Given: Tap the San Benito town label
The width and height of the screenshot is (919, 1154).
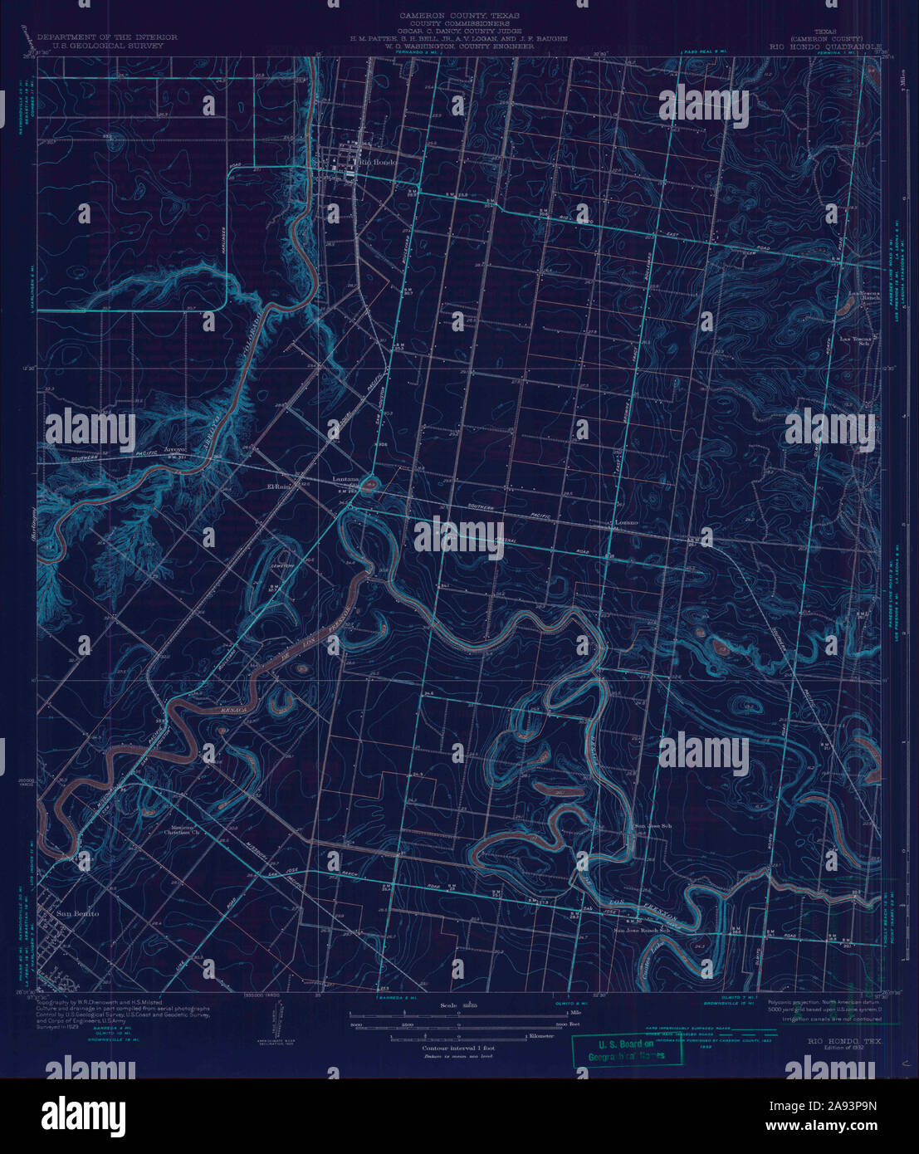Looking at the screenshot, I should point(77,914).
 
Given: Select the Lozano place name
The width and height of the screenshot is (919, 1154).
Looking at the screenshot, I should point(626,523).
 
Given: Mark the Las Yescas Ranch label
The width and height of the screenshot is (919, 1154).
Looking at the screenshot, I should point(861,296).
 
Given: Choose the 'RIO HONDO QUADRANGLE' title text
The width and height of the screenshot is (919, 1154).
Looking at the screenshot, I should point(827,46).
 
